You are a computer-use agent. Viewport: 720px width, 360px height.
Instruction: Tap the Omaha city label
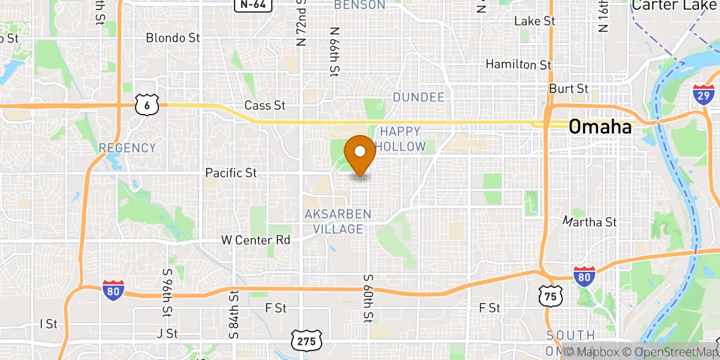pyautogui.click(x=599, y=127)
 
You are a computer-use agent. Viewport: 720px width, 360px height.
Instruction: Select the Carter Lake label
pyautogui.click(x=675, y=5)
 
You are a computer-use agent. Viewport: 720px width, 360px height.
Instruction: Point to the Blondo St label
pyautogui.click(x=173, y=38)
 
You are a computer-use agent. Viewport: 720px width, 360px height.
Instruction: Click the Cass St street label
pyautogui.click(x=265, y=106)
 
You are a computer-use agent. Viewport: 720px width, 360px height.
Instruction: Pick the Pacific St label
pyautogui.click(x=231, y=173)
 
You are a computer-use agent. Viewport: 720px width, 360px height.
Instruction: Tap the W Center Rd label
pyautogui.click(x=256, y=240)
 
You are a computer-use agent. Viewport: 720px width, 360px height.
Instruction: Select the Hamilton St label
pyautogui.click(x=518, y=64)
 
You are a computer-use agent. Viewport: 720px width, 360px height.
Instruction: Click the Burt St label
pyautogui.click(x=568, y=89)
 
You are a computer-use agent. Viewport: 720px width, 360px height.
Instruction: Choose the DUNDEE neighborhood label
pyautogui.click(x=419, y=97)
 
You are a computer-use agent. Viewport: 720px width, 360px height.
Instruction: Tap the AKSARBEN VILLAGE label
pyautogui.click(x=338, y=221)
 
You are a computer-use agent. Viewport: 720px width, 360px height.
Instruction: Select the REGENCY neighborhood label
pyautogui.click(x=127, y=148)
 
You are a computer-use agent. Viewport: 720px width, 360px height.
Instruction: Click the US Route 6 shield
pyautogui.click(x=147, y=105)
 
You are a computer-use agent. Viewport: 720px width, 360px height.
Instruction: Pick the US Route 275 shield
pyautogui.click(x=307, y=340)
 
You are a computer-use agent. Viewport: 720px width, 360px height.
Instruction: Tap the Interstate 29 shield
pyautogui.click(x=704, y=95)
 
